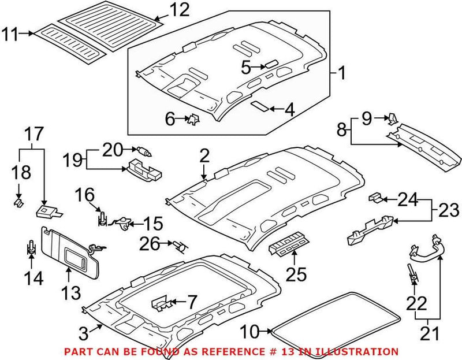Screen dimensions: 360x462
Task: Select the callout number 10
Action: [250, 332]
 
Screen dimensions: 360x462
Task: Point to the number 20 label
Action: [113, 150]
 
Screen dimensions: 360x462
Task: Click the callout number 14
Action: [33, 279]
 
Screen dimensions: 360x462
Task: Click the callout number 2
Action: [204, 155]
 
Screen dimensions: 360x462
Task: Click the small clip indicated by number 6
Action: [193, 120]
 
